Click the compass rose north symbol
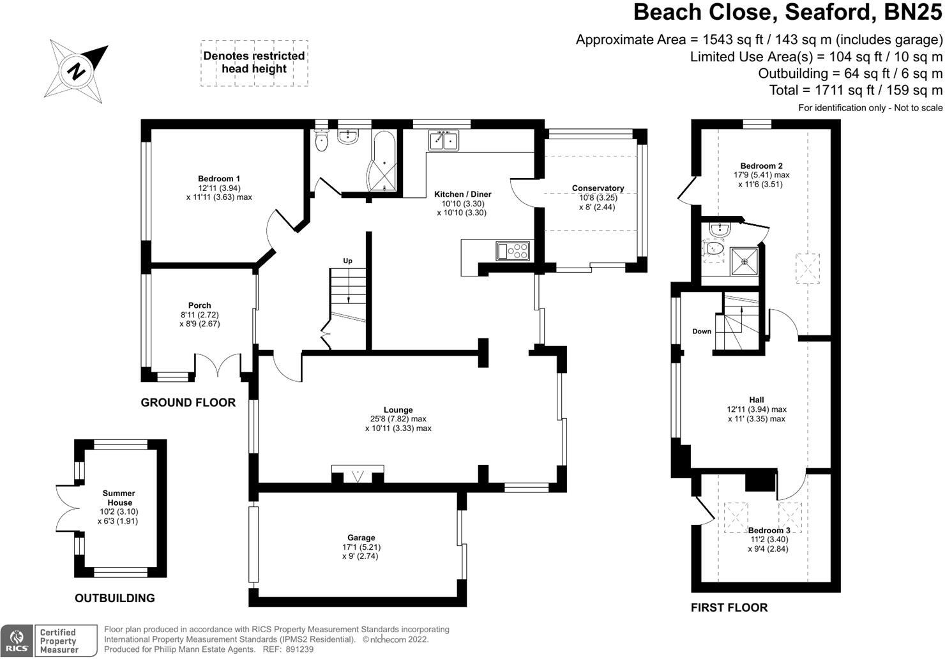(x=76, y=70)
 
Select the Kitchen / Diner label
(x=463, y=194)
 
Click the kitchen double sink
(x=444, y=140)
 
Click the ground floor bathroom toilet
(x=321, y=141)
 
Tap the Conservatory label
(x=598, y=188)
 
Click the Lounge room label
(x=398, y=410)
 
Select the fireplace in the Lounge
(x=358, y=475)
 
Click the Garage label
(x=361, y=538)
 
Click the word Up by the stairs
(x=348, y=261)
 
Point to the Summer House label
(x=119, y=498)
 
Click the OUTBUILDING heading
(x=115, y=598)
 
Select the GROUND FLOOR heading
(x=188, y=402)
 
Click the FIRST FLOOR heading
(x=729, y=607)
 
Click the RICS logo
(x=17, y=641)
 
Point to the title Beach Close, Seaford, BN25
(x=788, y=12)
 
